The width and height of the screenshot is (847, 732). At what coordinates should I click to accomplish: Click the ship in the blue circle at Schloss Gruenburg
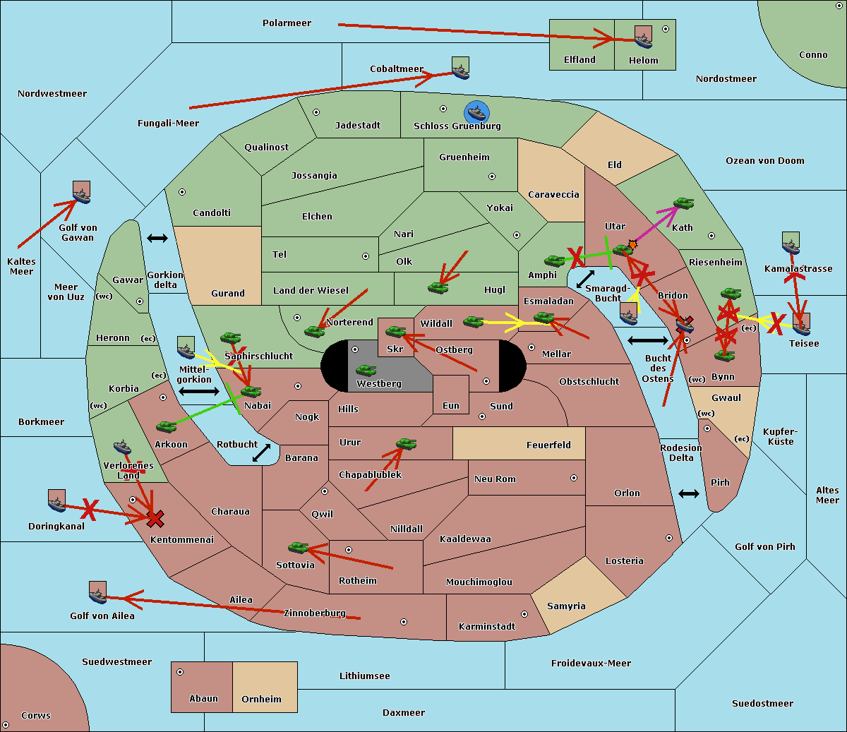point(476,112)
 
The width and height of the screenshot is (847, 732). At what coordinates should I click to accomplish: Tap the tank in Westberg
point(366,370)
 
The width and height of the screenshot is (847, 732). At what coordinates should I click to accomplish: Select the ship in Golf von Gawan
point(82,197)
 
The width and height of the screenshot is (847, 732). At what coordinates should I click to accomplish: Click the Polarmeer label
point(287,23)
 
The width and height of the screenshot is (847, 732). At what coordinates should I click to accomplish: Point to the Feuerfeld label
point(548,445)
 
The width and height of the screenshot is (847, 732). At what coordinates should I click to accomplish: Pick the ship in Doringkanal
point(57,505)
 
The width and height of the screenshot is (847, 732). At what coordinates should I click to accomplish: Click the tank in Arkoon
point(167,426)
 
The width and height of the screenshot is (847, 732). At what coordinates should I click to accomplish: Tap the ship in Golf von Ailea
point(98,596)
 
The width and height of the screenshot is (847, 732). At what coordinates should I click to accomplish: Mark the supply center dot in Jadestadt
point(316,112)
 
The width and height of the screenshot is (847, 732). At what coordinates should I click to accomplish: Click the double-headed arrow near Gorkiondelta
point(157,238)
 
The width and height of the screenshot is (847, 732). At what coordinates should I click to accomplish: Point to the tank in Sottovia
point(299,547)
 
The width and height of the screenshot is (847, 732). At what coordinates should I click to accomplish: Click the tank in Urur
point(406,443)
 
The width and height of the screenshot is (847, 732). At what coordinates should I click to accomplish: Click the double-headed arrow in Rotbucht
point(261,453)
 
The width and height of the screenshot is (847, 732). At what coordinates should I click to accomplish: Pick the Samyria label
point(566,606)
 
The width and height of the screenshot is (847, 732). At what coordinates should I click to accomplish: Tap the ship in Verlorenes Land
point(122,447)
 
